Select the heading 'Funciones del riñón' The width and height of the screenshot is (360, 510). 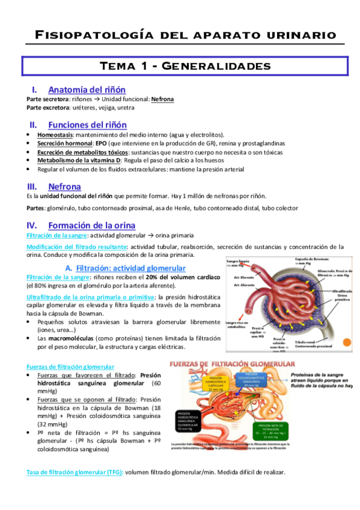click(x=87, y=124)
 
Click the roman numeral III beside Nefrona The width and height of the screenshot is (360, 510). click(x=34, y=187)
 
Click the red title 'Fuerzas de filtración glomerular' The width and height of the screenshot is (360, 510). click(x=233, y=365)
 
